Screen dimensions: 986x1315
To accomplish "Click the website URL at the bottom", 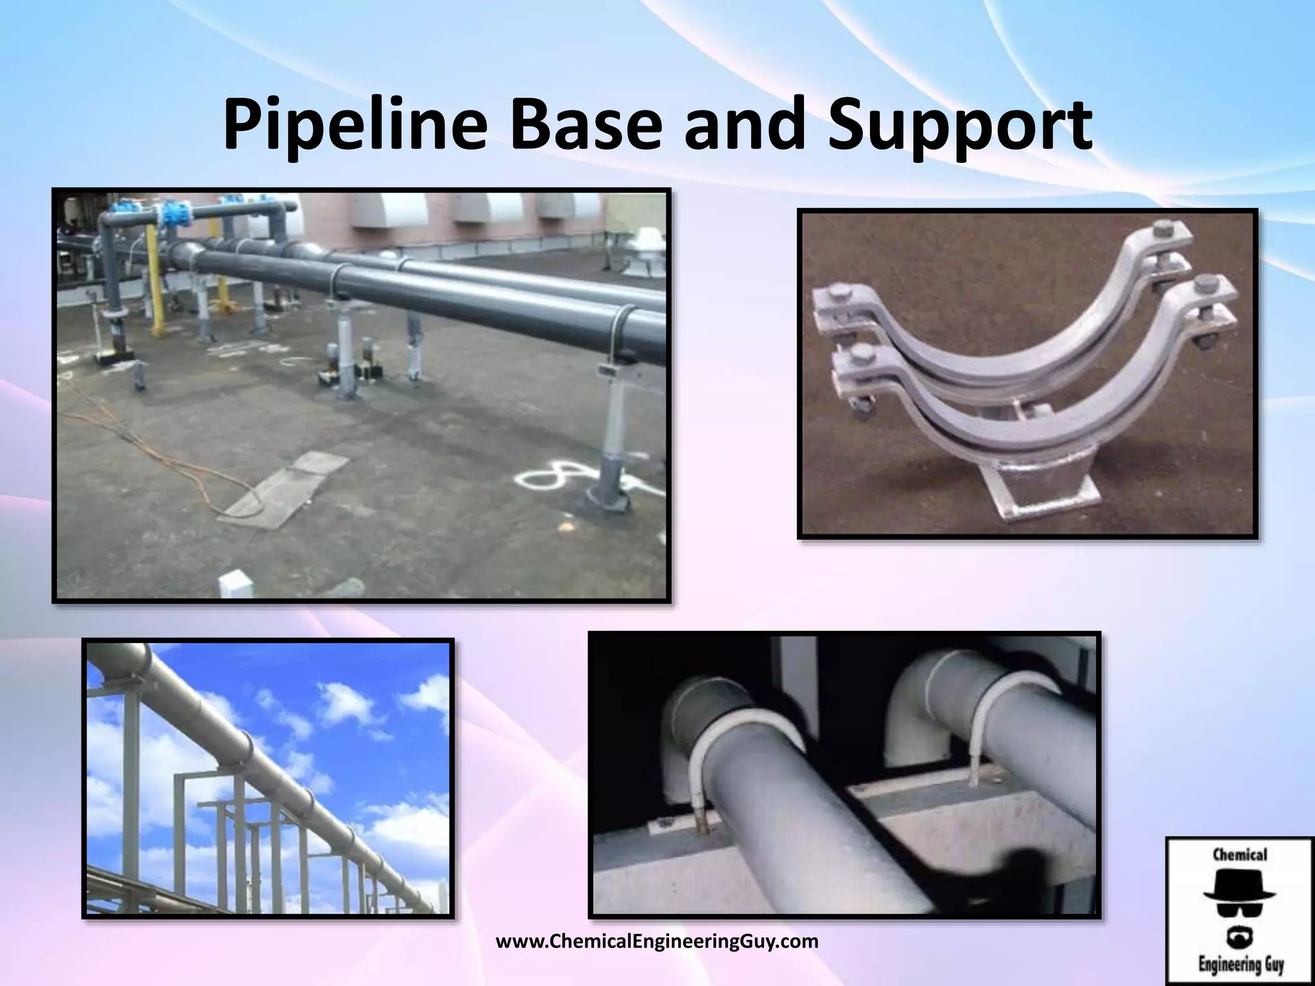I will pyautogui.click(x=657, y=942).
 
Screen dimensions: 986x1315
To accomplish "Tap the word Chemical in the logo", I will pyautogui.click(x=1239, y=854).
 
